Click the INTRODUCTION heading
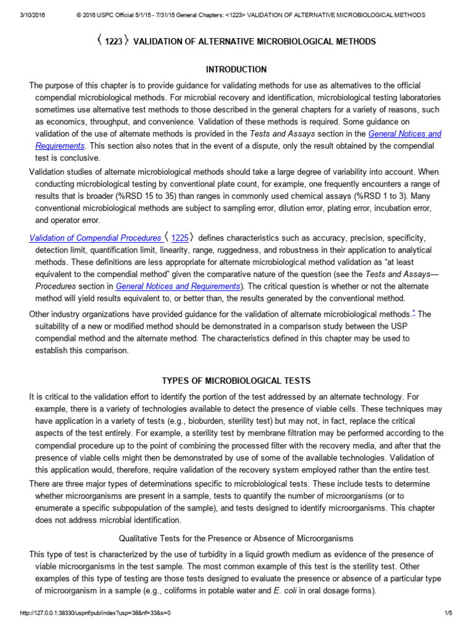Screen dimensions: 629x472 (x=236, y=69)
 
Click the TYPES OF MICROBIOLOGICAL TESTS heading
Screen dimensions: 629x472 (x=236, y=381)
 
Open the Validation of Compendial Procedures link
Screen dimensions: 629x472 (x=95, y=238)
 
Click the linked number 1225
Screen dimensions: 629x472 (x=179, y=238)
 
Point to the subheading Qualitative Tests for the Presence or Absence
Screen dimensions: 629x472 (x=236, y=538)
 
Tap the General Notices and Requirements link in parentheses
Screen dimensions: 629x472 (x=178, y=286)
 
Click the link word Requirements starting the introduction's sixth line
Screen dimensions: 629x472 (x=60, y=146)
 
